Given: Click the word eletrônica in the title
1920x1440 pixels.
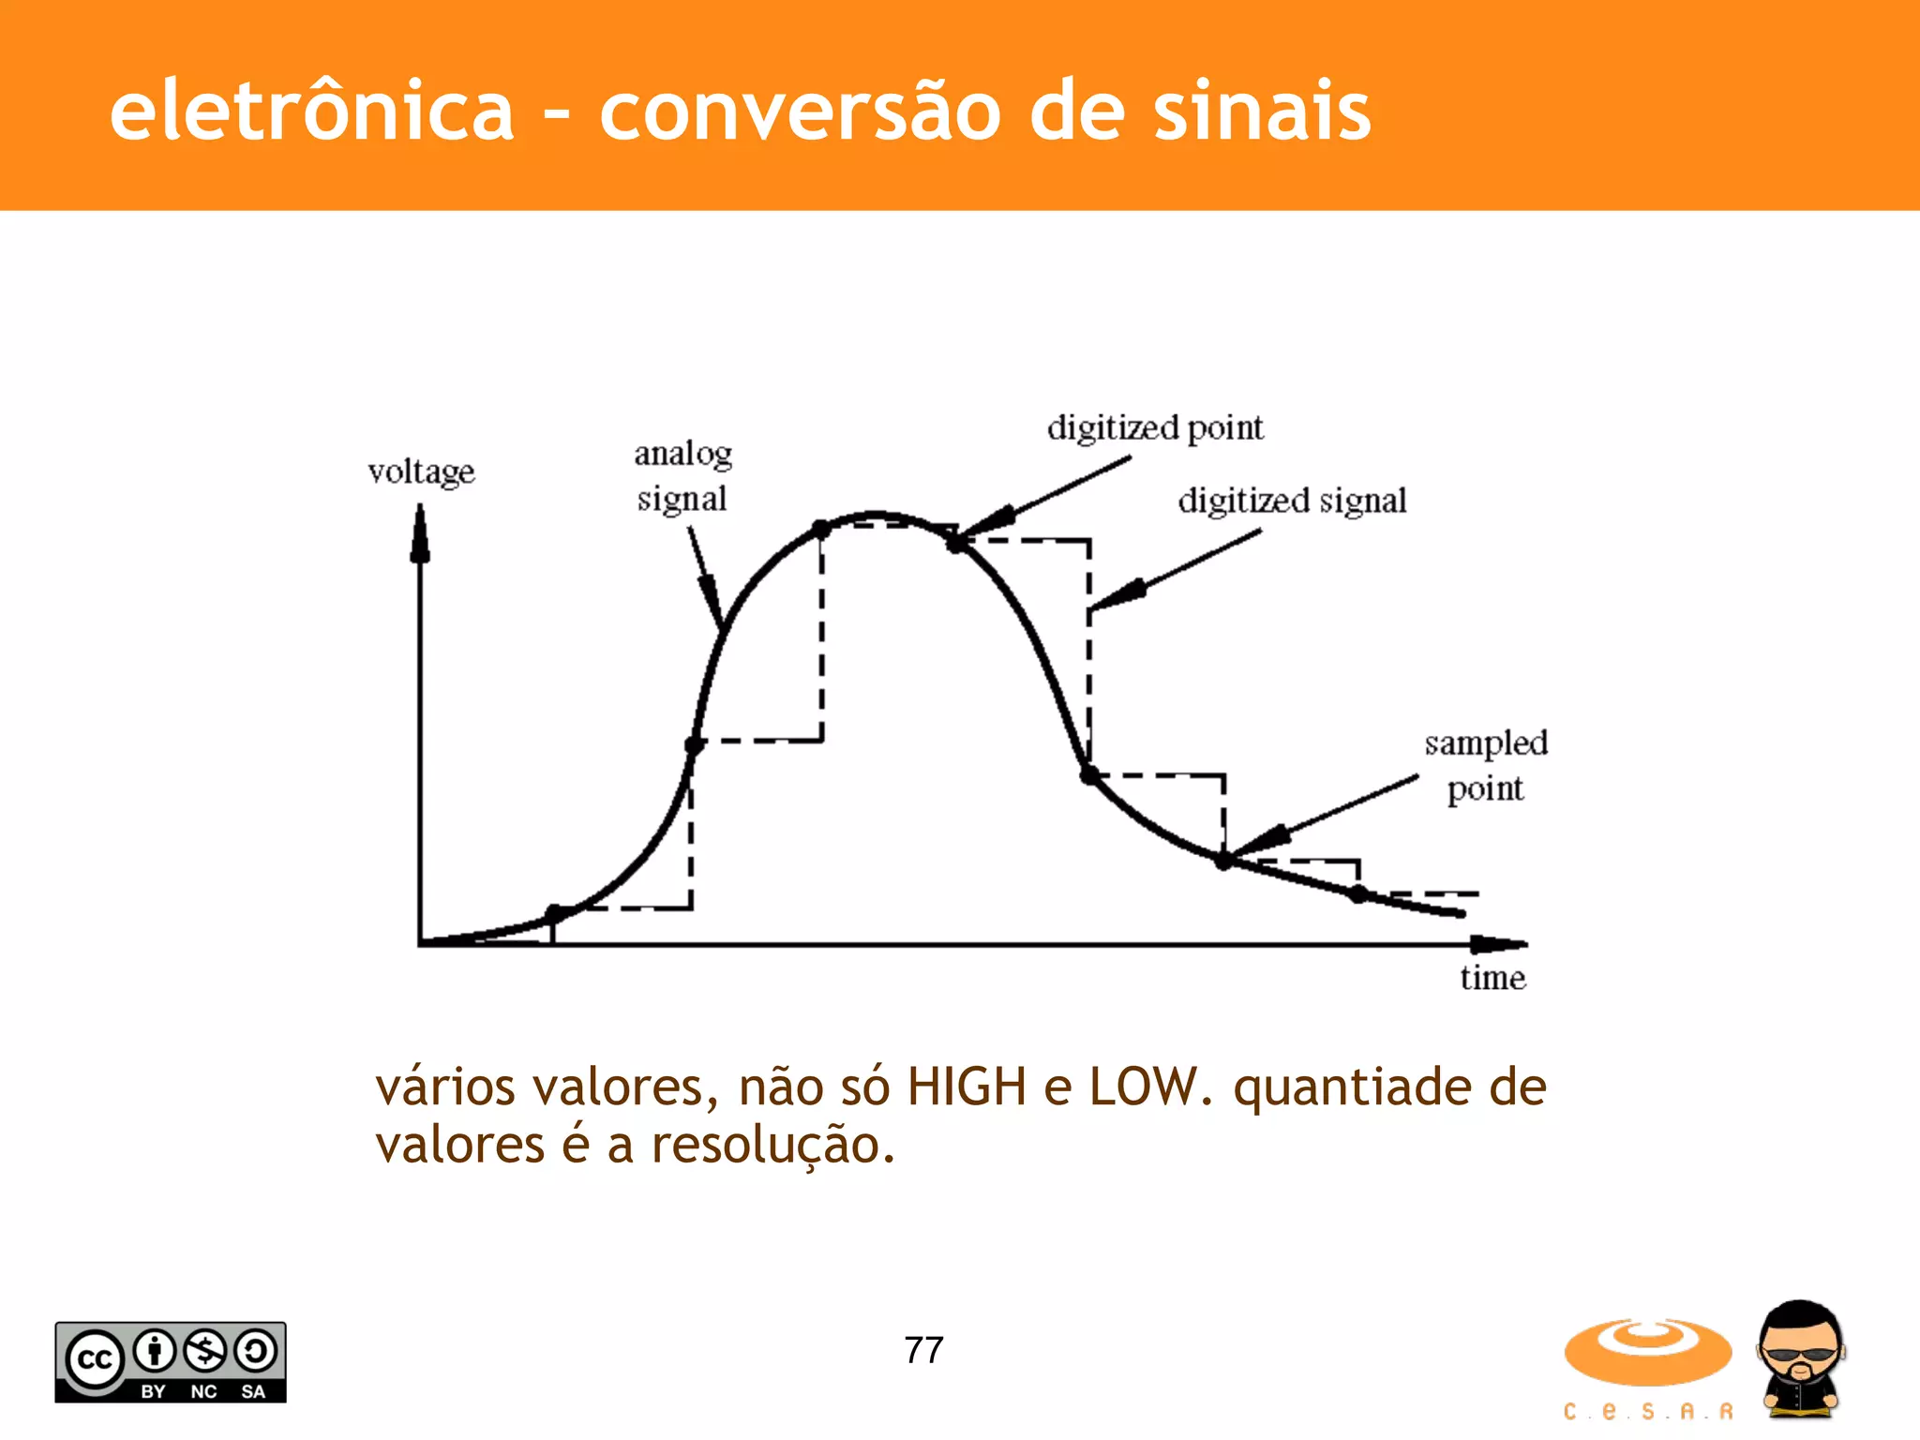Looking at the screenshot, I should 311,112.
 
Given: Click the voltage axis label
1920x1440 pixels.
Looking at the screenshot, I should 421,472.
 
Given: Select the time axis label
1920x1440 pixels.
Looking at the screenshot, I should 1492,978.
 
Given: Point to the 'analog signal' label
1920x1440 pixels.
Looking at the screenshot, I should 682,476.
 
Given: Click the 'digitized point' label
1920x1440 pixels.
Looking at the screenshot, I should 1155,428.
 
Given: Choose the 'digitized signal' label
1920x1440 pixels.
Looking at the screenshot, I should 1292,501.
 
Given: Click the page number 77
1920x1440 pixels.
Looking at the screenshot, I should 923,1350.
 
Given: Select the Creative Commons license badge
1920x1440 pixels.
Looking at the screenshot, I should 171,1362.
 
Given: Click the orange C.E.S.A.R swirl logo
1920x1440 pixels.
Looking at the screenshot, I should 1647,1352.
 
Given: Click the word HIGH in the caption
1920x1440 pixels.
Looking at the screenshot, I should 967,1087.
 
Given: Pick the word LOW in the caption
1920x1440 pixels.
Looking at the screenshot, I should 1144,1087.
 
